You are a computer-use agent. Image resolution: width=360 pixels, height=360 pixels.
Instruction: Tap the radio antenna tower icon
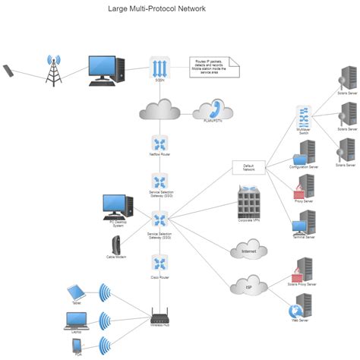click(53, 70)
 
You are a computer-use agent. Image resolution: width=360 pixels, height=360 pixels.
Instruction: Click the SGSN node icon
click(159, 67)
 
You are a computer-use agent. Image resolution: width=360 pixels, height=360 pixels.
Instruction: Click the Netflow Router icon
click(159, 144)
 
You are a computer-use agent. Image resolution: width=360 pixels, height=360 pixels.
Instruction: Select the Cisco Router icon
click(159, 264)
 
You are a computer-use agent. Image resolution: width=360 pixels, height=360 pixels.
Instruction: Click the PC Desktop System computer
click(117, 206)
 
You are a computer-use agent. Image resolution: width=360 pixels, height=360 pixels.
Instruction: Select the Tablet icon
click(74, 292)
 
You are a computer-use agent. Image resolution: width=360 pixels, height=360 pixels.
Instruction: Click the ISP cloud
click(248, 286)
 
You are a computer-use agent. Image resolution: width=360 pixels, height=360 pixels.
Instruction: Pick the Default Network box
click(248, 168)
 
